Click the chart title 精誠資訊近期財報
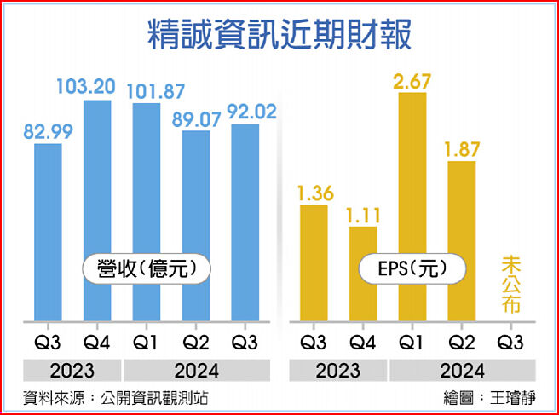(279, 35)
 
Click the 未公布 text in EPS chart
(510, 285)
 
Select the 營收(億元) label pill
(146, 269)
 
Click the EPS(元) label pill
(412, 269)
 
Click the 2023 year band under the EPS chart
(338, 371)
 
